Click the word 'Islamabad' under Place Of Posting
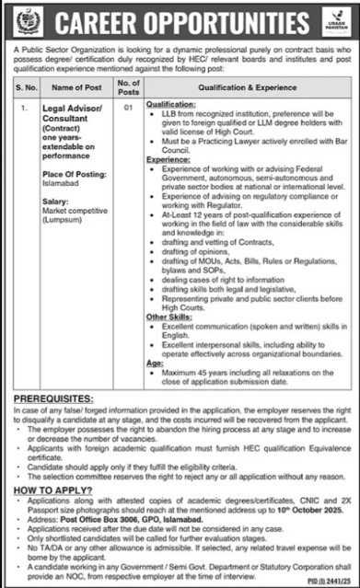coord(58,209)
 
